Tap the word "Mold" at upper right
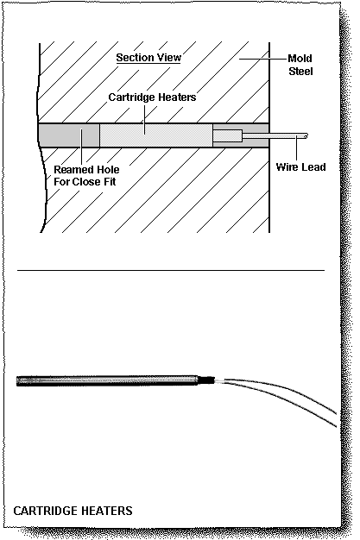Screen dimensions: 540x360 click(x=300, y=59)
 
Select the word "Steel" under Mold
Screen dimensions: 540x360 click(x=301, y=72)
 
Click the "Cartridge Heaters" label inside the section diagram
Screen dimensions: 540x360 click(x=152, y=97)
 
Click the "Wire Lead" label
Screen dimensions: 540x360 click(x=300, y=166)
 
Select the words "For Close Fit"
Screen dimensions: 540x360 click(x=85, y=182)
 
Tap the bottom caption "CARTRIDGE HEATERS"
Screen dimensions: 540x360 click(x=73, y=511)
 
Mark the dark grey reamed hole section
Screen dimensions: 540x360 click(x=69, y=136)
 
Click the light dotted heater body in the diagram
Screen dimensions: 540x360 click(x=155, y=136)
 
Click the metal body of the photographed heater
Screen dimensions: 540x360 click(x=104, y=379)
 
